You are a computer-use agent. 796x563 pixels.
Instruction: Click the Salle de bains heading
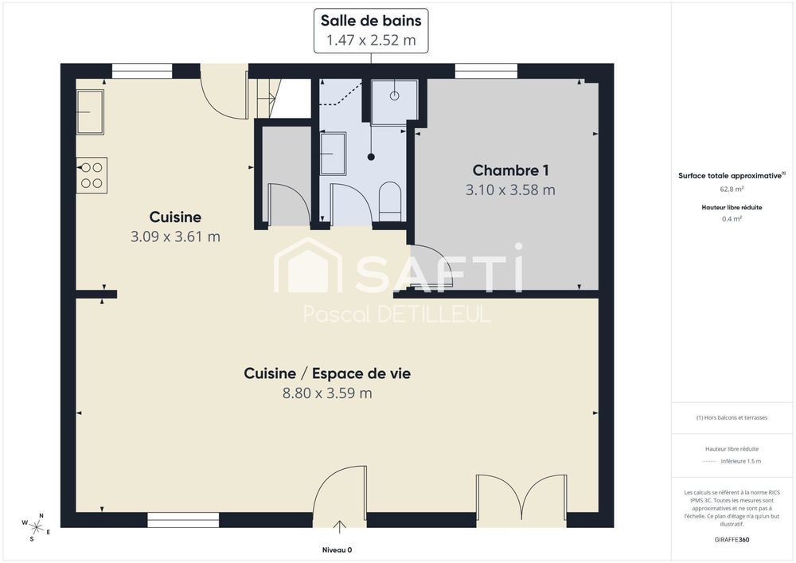click(370, 21)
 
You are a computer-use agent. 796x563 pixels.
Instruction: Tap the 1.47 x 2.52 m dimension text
click(370, 40)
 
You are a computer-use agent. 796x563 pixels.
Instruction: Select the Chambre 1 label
click(510, 170)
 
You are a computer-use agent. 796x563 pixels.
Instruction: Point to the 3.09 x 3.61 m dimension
click(175, 237)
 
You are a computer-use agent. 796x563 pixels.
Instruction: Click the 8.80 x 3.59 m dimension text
click(327, 393)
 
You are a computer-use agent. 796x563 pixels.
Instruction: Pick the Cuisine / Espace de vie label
click(327, 373)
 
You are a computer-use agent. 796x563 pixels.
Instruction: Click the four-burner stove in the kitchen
click(92, 175)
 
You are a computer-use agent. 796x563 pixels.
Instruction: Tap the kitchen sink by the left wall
click(90, 112)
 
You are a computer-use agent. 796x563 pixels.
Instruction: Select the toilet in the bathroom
click(391, 200)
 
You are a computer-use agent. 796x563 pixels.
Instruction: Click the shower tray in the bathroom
click(394, 102)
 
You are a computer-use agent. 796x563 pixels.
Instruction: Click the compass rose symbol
click(36, 526)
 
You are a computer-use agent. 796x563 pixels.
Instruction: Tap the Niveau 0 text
click(337, 549)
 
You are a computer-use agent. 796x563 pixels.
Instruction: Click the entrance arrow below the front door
click(340, 526)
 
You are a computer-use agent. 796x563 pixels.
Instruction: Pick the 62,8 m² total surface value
click(732, 190)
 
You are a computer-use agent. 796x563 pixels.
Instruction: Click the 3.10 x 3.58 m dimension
click(510, 190)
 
